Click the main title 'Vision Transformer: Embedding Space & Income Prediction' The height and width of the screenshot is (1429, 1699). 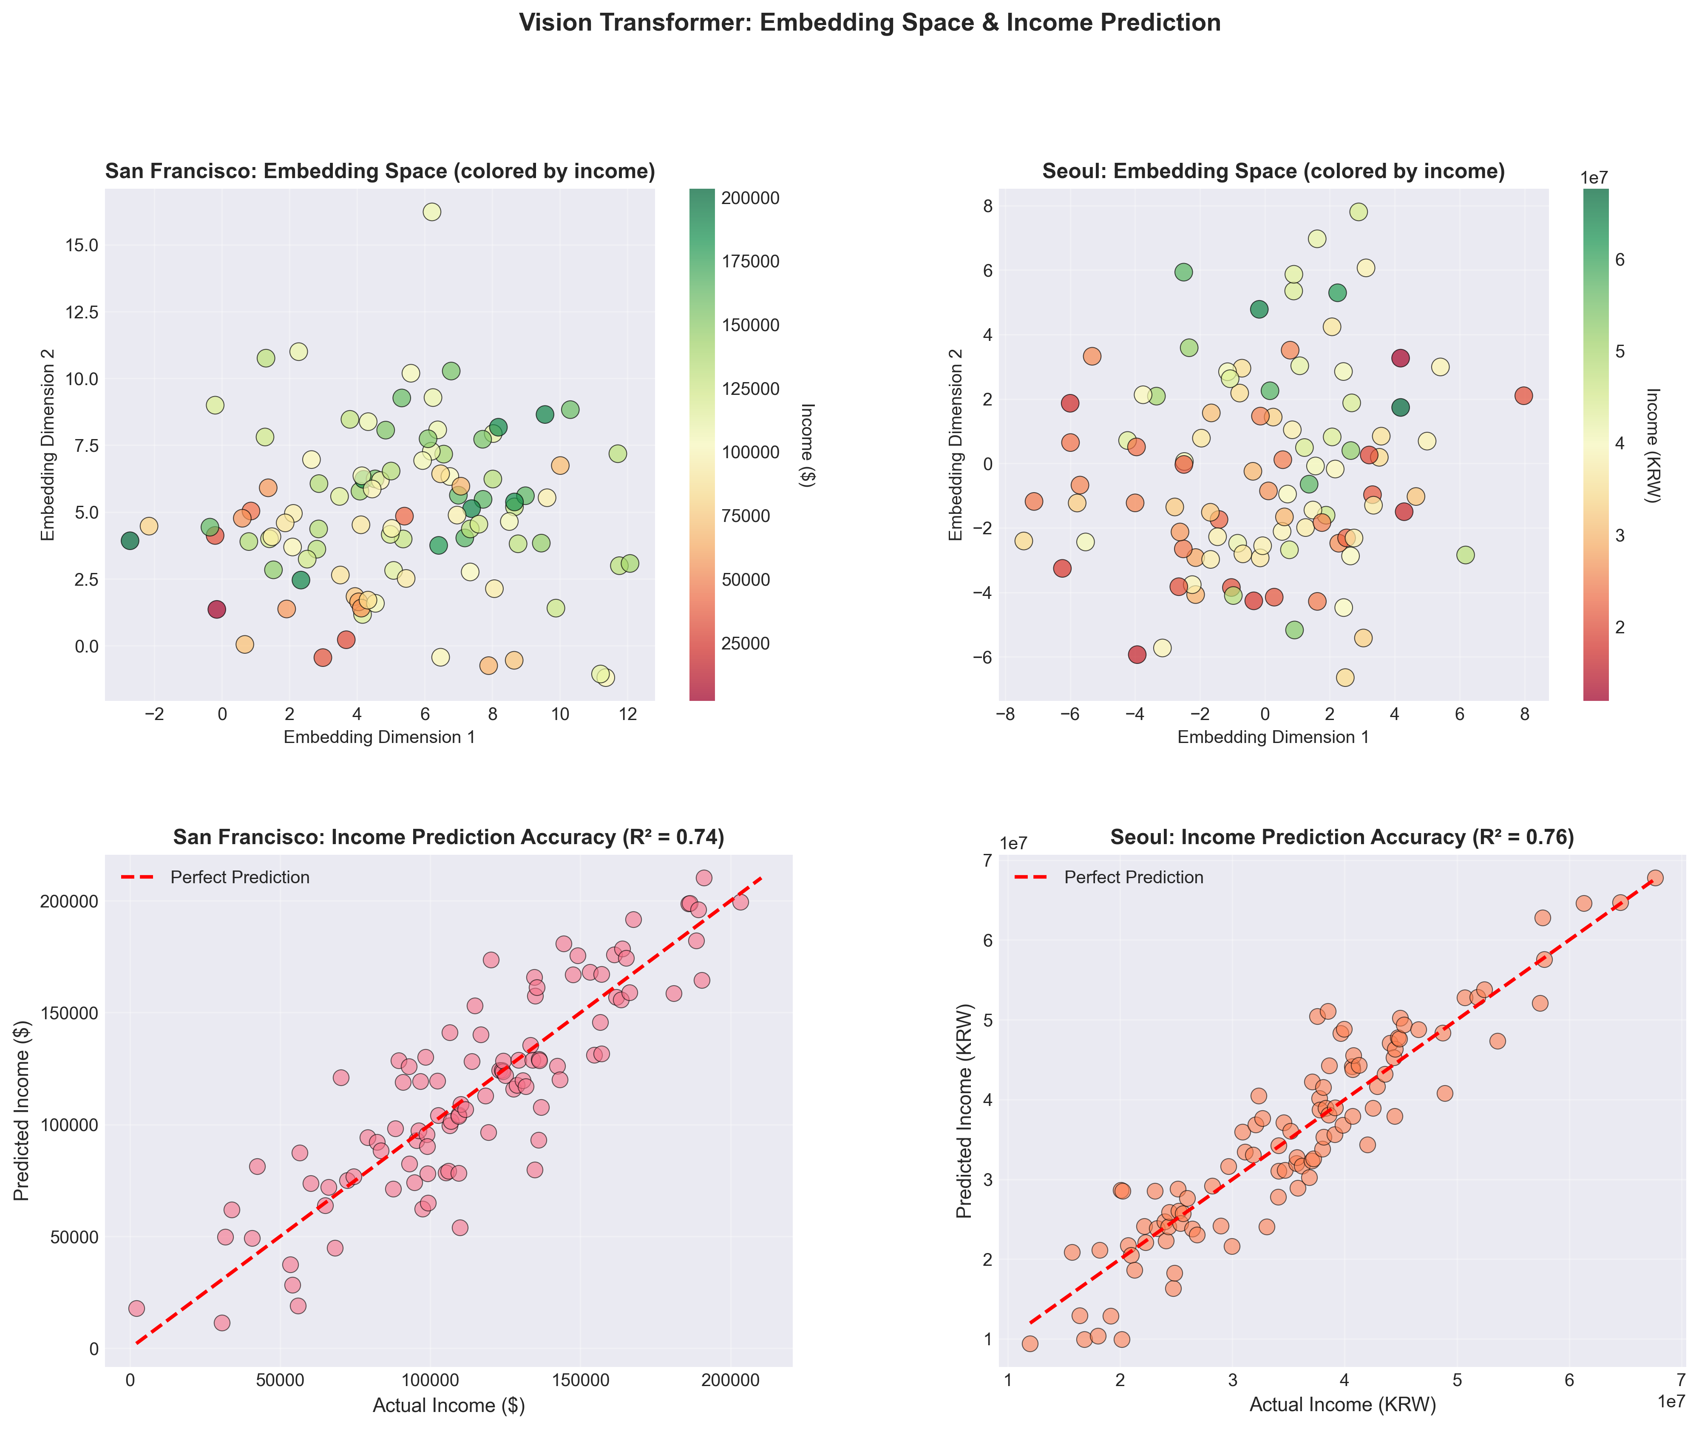[x=869, y=23]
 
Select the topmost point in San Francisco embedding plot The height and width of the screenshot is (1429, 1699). [x=432, y=211]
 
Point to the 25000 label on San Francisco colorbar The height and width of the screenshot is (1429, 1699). [x=746, y=644]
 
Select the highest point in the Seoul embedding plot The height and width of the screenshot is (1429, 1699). [x=1359, y=211]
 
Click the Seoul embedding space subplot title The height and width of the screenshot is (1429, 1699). [x=1273, y=172]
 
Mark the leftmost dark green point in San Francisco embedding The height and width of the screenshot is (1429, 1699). [x=130, y=540]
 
